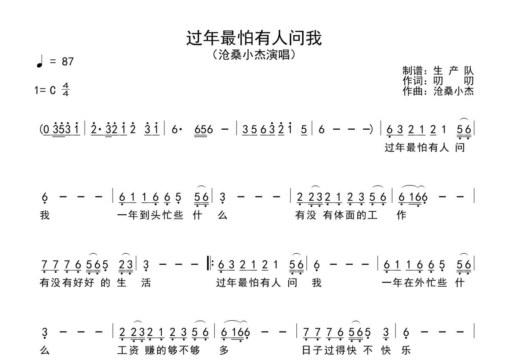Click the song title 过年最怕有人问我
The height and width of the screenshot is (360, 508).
pos(254,38)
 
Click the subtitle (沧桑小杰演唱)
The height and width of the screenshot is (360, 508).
pos(254,55)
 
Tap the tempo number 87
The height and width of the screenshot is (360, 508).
pos(68,61)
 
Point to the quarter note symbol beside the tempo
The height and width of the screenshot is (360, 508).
pos(40,61)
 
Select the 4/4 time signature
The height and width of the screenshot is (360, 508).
pos(66,90)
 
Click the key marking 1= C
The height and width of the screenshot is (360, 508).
pos(45,90)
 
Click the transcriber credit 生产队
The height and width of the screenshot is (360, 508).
pos(453,71)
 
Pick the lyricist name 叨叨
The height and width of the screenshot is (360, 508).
pos(453,81)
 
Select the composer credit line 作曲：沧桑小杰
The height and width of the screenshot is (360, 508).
pos(438,91)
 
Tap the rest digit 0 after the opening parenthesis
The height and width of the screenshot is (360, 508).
pos(46,130)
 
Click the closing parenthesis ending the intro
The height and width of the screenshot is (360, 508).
pos(371,130)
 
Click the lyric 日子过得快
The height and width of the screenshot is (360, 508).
pos(329,350)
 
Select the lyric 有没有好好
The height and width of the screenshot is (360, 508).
pos(67,282)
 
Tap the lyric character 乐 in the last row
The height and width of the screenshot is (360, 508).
pos(406,350)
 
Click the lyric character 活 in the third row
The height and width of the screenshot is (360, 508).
pos(146,282)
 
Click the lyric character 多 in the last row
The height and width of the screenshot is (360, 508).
pos(224,350)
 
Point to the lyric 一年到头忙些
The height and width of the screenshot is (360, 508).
pos(150,215)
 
